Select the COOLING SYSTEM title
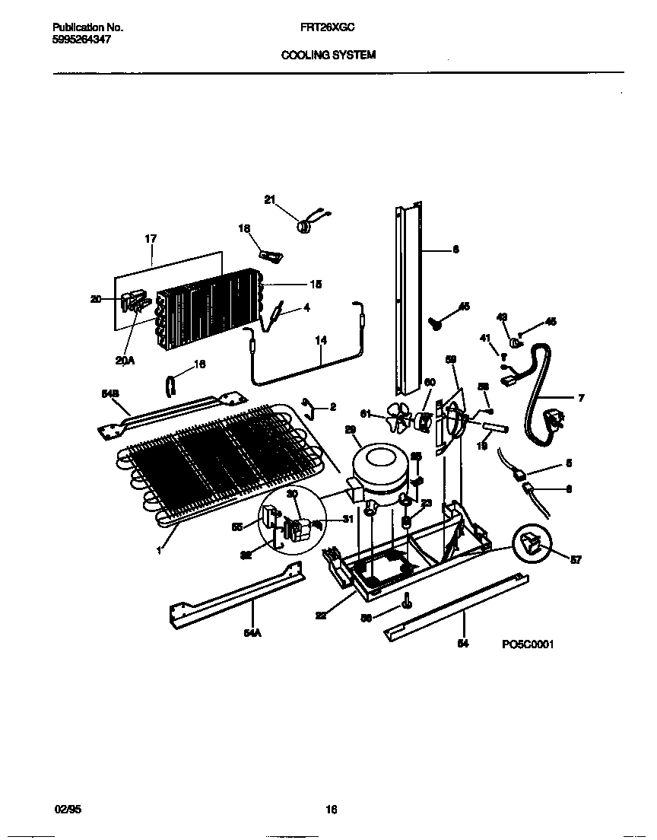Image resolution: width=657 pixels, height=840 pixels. pyautogui.click(x=328, y=56)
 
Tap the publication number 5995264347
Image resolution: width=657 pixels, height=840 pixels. pyautogui.click(x=81, y=39)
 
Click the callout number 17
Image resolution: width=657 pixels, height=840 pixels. pyautogui.click(x=150, y=239)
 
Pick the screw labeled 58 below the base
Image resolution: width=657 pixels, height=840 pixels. pyautogui.click(x=408, y=601)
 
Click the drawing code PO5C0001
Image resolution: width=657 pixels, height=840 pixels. pyautogui.click(x=527, y=644)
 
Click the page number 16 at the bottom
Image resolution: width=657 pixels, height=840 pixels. pyautogui.click(x=331, y=810)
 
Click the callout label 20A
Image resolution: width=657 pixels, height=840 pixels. pyautogui.click(x=125, y=361)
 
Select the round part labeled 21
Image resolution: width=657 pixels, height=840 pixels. pyautogui.click(x=302, y=224)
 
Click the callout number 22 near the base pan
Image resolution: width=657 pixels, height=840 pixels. pyautogui.click(x=321, y=616)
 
